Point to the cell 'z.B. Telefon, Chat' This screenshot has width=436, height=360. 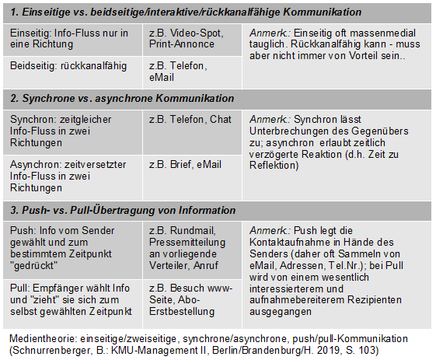[x=190, y=119]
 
